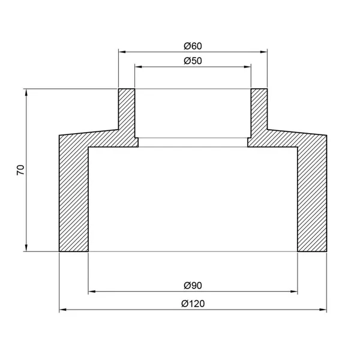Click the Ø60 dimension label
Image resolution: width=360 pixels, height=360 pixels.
pyautogui.click(x=193, y=46)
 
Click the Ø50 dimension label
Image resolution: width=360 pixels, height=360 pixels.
pyautogui.click(x=193, y=61)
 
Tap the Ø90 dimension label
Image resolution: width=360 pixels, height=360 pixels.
pyautogui.click(x=193, y=286)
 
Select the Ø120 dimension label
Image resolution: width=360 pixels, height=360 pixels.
pyautogui.click(x=193, y=304)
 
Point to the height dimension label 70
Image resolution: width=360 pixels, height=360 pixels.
pyautogui.click(x=20, y=170)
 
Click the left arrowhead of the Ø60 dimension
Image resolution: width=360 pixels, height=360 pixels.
pyautogui.click(x=122, y=52)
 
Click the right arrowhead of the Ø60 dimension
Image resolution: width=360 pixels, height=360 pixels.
pyautogui.click(x=264, y=52)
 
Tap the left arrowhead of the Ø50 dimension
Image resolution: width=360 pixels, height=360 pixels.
pyautogui.click(x=138, y=67)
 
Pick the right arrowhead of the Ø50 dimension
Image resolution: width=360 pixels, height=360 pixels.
pyautogui.click(x=247, y=67)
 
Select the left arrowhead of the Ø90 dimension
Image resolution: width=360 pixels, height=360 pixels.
pyautogui.click(x=92, y=292)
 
